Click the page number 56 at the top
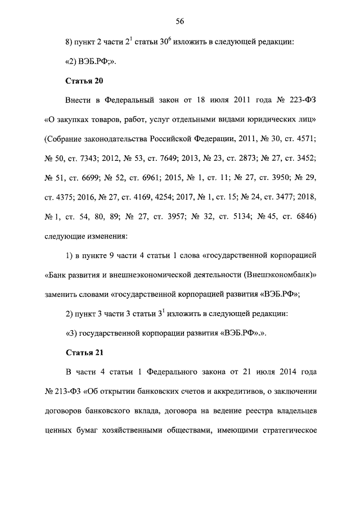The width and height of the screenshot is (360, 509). (x=180, y=21)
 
